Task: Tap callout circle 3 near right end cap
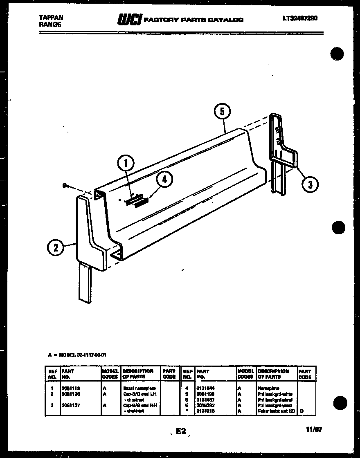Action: pos(310,185)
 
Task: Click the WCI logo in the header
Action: pos(130,19)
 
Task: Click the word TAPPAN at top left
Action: pos(50,18)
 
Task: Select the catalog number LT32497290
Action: pos(300,18)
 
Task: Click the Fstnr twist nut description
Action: pos(276,411)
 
